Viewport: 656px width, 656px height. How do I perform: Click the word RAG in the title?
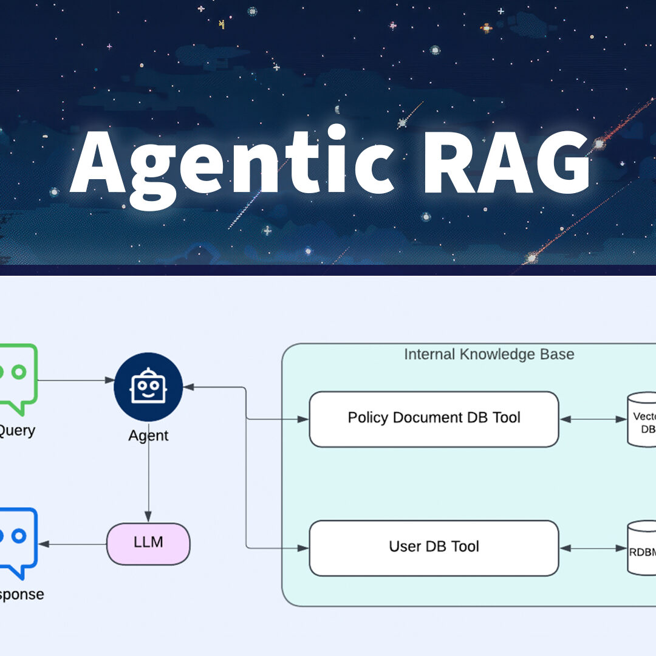[506, 161]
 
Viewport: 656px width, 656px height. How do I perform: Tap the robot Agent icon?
[148, 387]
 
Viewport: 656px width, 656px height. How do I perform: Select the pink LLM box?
[148, 542]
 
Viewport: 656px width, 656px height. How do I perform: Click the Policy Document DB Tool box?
[434, 419]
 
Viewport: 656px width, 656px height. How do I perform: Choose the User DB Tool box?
[434, 548]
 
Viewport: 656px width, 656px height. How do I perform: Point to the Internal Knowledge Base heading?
[489, 354]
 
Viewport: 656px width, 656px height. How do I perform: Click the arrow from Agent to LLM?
[148, 480]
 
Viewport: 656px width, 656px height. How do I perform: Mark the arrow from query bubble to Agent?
[76, 381]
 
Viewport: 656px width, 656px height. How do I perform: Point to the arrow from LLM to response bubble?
[73, 544]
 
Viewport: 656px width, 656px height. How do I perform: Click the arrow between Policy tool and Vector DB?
[592, 419]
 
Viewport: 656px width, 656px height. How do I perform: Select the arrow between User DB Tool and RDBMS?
[592, 548]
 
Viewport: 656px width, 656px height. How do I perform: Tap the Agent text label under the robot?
[148, 436]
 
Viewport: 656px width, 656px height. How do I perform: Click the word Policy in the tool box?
[369, 418]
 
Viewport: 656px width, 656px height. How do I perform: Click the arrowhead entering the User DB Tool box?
[304, 548]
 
